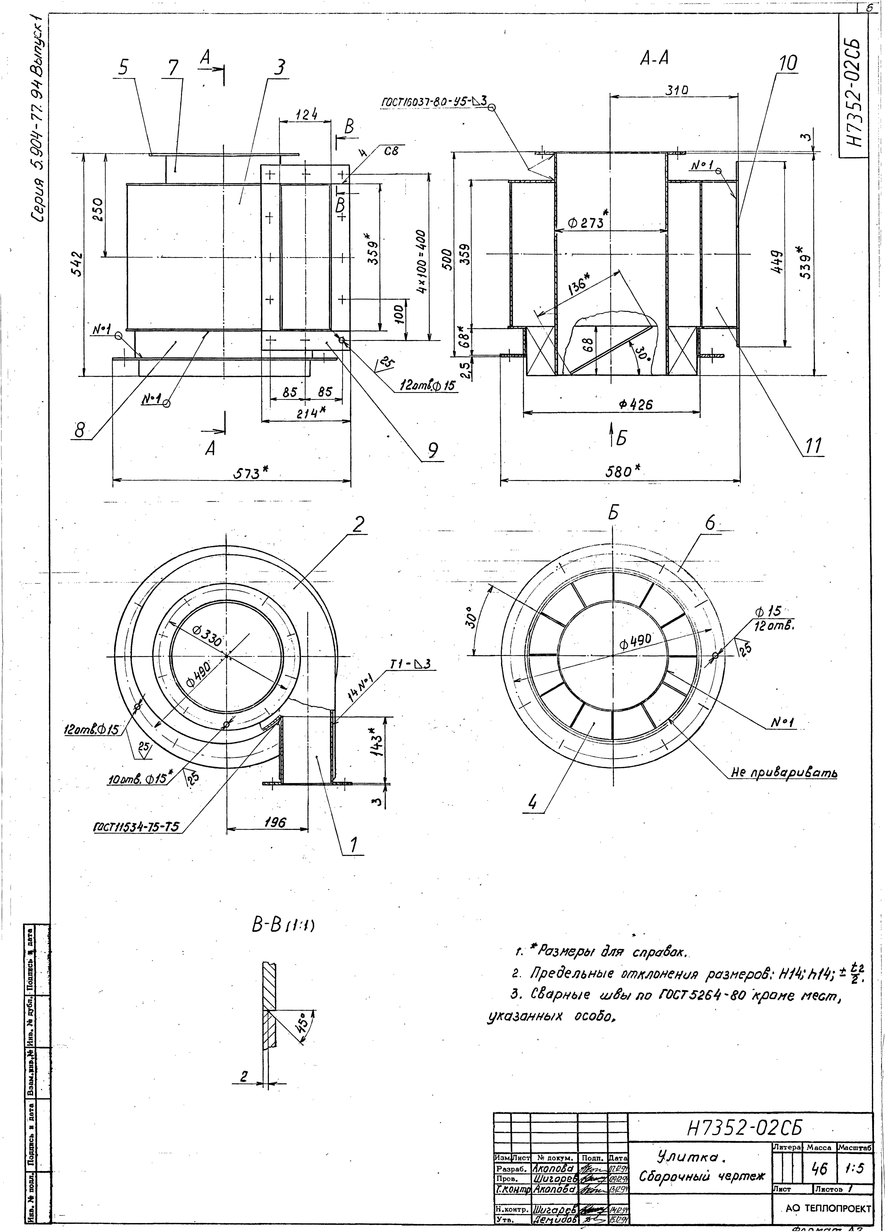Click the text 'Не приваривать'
click(x=783, y=772)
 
